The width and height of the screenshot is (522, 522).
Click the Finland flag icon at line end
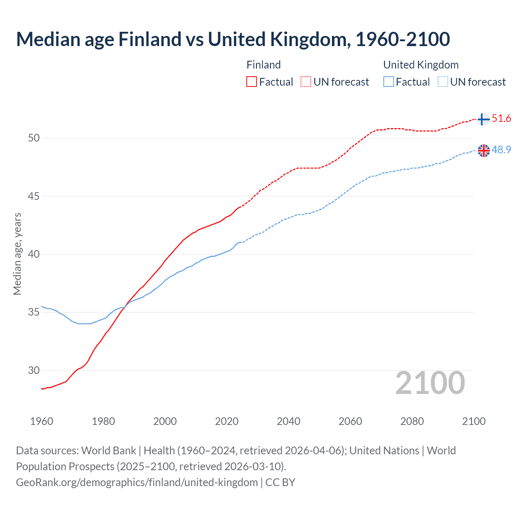coord(483,119)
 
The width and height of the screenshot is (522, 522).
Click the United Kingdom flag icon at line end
coord(484,150)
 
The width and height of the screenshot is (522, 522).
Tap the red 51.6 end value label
coord(501,119)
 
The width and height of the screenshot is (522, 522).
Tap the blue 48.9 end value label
coord(501,150)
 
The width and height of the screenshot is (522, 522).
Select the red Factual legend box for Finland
coord(252,82)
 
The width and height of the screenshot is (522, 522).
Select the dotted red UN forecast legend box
coord(306,82)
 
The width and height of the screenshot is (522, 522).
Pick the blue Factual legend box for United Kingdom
coord(389,82)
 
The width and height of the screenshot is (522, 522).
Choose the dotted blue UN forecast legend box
coord(442,82)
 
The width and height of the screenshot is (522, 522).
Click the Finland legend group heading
coord(263,65)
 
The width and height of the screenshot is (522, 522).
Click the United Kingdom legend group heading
coord(421,65)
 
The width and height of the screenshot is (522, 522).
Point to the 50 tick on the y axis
coord(34,138)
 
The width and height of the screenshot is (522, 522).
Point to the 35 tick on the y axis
coord(34,312)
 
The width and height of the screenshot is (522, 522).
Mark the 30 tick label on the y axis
coord(34,371)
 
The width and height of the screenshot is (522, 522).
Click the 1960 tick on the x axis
coord(42,421)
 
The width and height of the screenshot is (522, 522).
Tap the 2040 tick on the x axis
coord(288,421)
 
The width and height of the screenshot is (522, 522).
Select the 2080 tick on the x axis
coord(412,421)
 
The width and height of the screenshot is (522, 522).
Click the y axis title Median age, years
coord(17,254)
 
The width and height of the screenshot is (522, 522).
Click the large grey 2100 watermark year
coord(430,383)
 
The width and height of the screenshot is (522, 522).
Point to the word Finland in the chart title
coord(150,39)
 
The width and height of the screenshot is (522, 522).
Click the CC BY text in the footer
coord(280,482)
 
